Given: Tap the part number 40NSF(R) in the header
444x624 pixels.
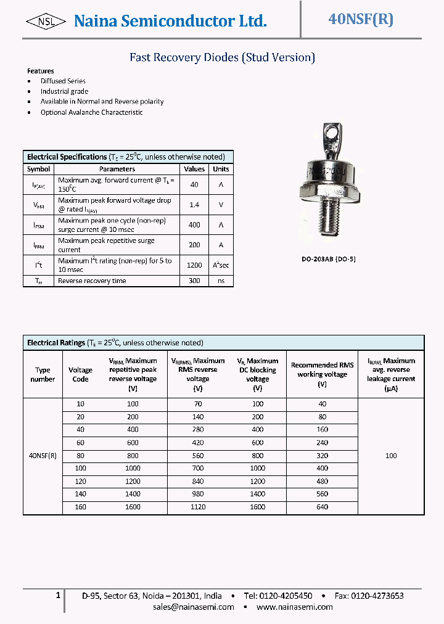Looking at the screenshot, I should coord(361,19).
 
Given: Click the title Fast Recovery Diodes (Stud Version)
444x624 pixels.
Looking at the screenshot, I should coord(222,57).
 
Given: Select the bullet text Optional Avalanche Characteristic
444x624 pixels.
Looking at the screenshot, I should coord(91,112).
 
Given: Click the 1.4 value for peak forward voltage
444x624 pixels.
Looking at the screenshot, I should coord(194,204).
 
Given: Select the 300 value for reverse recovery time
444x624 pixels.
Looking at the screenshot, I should coord(194,281).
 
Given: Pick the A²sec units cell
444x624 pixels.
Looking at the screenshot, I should coord(221,265).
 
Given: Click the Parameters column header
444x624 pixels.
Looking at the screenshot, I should coord(117,169).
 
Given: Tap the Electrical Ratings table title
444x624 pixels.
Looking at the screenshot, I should coord(56,343).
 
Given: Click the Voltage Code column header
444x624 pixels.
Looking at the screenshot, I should coord(80,374).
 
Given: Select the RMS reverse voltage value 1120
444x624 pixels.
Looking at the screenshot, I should coord(198,507).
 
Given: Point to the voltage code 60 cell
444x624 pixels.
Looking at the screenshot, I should coord(80,442).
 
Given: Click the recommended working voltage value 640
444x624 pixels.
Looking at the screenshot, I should coord(322,507).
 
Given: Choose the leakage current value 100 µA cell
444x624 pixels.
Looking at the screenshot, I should coord(391,456).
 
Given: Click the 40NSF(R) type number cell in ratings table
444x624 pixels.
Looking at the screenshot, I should coord(43,456).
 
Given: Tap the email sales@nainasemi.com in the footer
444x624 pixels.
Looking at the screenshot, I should coord(194,607).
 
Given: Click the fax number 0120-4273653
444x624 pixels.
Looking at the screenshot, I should coord(377,596).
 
